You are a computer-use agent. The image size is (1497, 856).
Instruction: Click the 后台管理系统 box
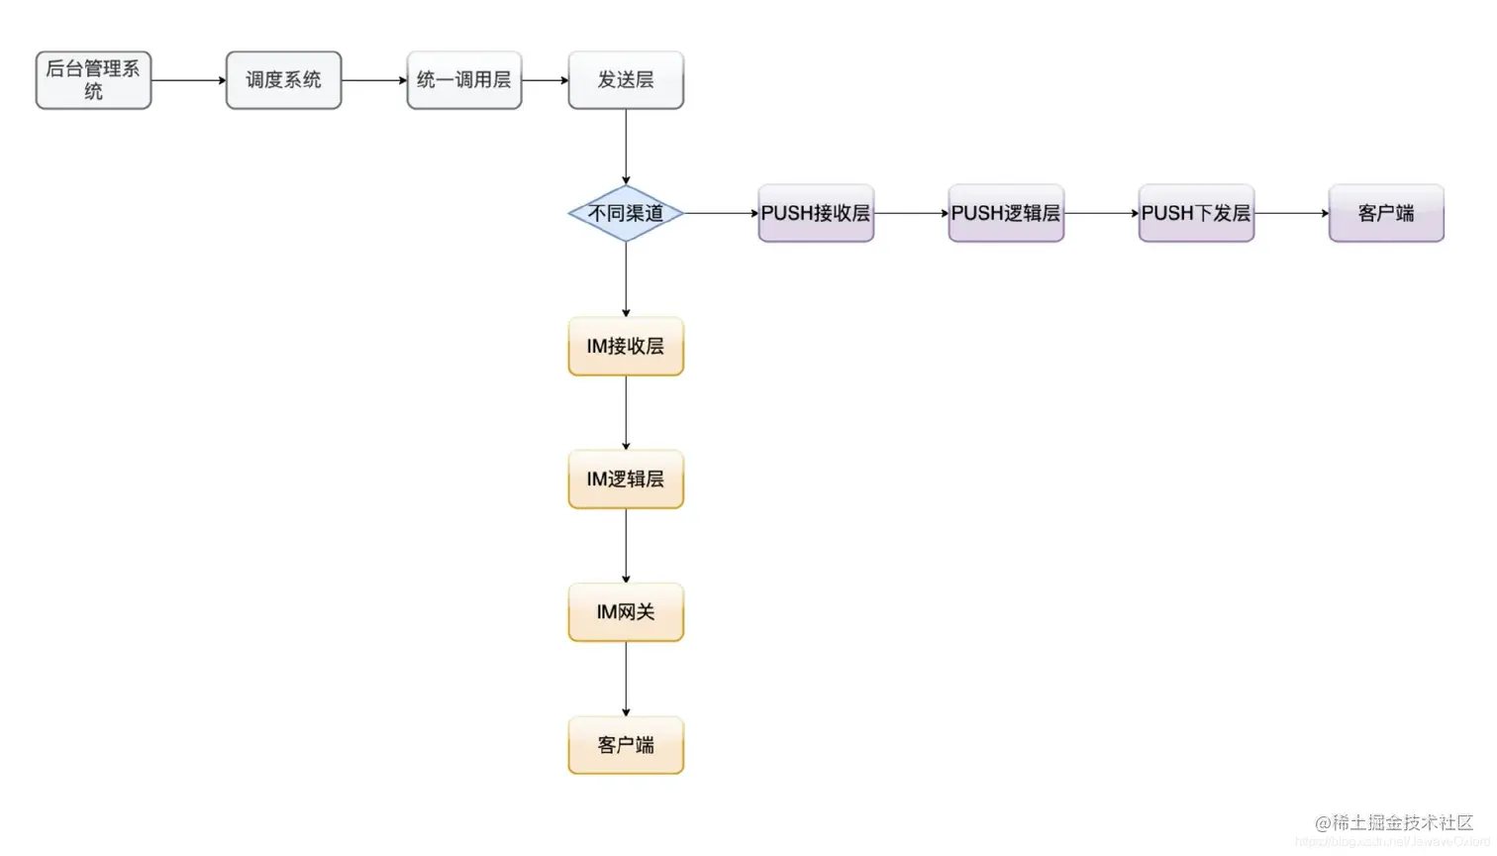click(x=93, y=80)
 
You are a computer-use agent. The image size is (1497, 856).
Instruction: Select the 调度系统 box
click(x=283, y=80)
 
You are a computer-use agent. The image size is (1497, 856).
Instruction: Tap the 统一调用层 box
click(x=463, y=80)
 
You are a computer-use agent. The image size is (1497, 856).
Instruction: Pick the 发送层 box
click(x=626, y=80)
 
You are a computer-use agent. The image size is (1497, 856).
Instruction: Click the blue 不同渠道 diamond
click(x=626, y=213)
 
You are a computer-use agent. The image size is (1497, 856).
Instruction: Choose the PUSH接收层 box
click(x=816, y=213)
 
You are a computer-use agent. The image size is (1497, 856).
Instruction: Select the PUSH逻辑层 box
click(x=1006, y=213)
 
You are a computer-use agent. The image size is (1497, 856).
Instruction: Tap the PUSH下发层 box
click(x=1196, y=213)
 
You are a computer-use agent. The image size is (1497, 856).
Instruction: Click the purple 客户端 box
click(x=1386, y=213)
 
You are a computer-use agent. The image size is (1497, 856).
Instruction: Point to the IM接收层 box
click(x=626, y=346)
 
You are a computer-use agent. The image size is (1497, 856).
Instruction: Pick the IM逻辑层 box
click(x=626, y=479)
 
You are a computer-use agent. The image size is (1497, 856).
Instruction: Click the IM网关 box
click(x=626, y=611)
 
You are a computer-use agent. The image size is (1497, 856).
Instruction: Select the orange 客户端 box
click(x=626, y=745)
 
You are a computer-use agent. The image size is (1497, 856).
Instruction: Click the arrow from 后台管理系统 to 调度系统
click(x=188, y=80)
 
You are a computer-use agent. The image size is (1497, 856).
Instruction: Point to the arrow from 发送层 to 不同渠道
click(x=626, y=147)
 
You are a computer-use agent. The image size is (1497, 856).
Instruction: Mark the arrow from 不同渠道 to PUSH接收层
click(x=721, y=213)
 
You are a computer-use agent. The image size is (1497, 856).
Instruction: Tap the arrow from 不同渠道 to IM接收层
click(x=626, y=279)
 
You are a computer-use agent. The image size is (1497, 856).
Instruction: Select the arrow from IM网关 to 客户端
click(x=626, y=679)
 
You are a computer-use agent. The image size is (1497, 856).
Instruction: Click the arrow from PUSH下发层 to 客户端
click(x=1291, y=213)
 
